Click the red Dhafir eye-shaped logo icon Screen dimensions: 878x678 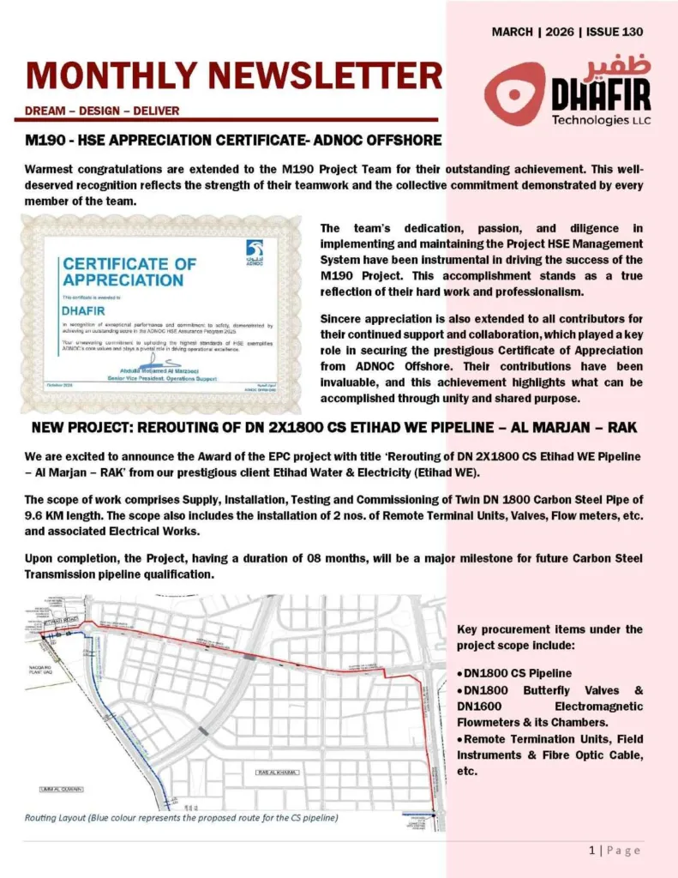coord(514,93)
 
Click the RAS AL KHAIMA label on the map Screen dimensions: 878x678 coord(276,773)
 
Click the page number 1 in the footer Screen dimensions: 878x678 coord(591,851)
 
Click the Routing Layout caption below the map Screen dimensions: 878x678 coord(181,818)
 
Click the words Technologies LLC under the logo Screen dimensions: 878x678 coord(601,120)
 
